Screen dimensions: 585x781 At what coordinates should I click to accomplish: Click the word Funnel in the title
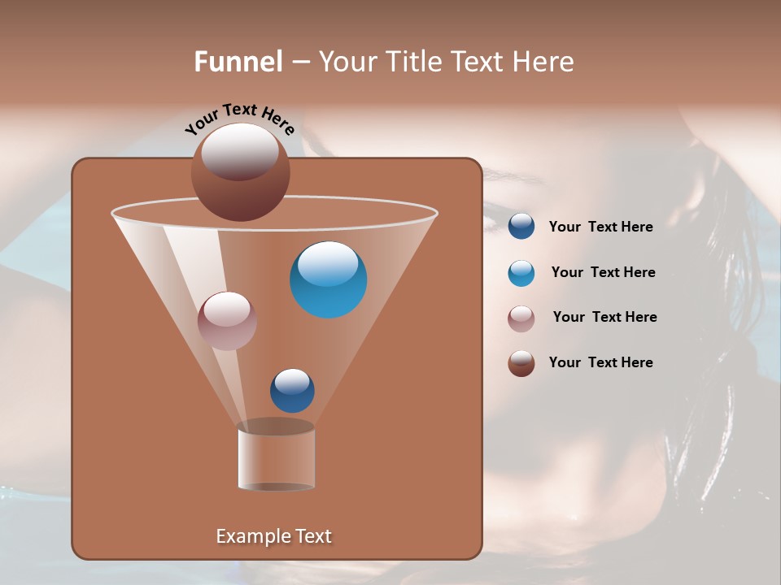click(x=238, y=62)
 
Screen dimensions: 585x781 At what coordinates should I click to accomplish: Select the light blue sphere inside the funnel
click(x=329, y=279)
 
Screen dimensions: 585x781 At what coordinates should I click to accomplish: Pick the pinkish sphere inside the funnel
click(x=227, y=321)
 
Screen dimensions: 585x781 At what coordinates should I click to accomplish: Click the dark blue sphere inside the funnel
click(x=292, y=391)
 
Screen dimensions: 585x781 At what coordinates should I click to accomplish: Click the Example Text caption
click(x=273, y=536)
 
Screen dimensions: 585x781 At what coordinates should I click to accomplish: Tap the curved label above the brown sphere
click(x=239, y=119)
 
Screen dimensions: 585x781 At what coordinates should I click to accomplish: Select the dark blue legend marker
click(x=521, y=227)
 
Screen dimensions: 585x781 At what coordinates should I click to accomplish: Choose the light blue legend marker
click(x=521, y=273)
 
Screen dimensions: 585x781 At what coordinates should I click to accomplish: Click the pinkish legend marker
click(x=521, y=318)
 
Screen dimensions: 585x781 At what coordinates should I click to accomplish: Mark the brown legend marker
click(x=521, y=363)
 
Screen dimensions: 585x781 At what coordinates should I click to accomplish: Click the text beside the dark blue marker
click(x=600, y=227)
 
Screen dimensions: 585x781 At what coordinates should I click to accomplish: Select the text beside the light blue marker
click(x=603, y=273)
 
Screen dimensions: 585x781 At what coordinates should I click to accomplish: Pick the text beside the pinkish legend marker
click(x=604, y=318)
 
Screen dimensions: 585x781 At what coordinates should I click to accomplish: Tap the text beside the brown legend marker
click(x=600, y=363)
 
